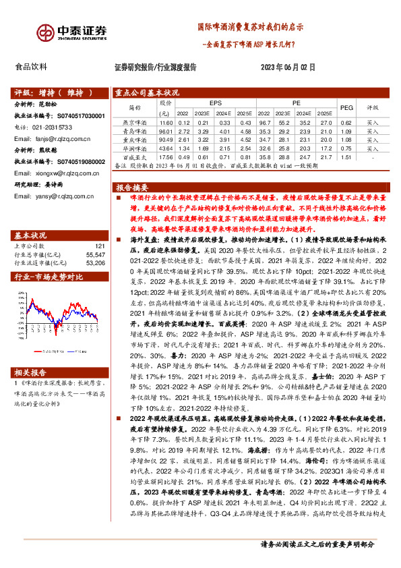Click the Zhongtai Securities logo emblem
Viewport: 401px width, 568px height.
pos(47,31)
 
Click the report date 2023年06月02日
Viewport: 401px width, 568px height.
pos(287,67)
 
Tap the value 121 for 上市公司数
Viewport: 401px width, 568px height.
pos(100,247)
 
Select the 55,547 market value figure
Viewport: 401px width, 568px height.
pos(96,255)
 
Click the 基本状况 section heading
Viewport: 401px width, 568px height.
pos(30,235)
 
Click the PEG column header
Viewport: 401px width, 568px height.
pos(346,107)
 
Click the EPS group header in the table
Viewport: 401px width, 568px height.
pos(215,102)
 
